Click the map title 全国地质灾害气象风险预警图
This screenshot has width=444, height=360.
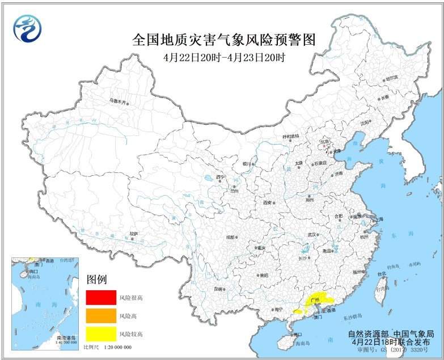[x=223, y=40]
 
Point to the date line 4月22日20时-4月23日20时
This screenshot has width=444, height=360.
[x=223, y=57]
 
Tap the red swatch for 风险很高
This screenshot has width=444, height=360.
[x=101, y=297]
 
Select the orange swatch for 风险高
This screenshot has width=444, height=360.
[x=101, y=315]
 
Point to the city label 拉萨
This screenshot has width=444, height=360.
[x=133, y=233]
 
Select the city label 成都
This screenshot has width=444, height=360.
[x=230, y=237]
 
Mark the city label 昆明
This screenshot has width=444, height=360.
[x=218, y=289]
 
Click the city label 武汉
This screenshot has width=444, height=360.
[x=311, y=234]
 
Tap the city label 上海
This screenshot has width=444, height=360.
[x=379, y=219]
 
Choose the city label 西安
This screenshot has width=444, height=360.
[x=268, y=202]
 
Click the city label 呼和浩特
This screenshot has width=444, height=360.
[x=290, y=136]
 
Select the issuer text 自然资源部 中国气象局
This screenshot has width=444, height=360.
[x=391, y=334]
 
